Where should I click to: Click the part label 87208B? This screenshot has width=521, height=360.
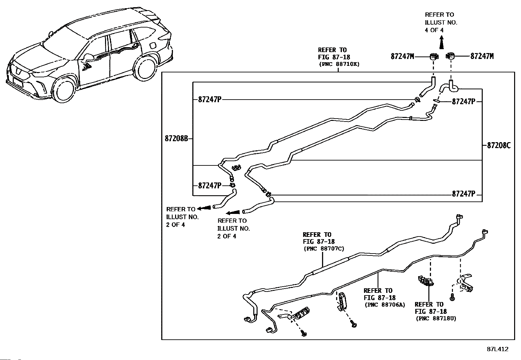coord(176,139)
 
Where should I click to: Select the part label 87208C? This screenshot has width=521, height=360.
coord(499,145)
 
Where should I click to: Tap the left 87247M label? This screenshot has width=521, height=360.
coord(403,56)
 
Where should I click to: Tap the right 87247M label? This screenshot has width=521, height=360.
coord(482,56)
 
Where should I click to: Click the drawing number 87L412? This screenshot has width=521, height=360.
coord(497,349)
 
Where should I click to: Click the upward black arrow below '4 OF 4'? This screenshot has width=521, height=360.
coord(441,42)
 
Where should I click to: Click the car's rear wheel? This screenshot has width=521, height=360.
coord(145,68)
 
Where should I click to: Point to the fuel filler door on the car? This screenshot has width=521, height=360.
coord(153,45)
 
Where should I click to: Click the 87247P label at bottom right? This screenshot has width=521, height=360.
coord(463,194)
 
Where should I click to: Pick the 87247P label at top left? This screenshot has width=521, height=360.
coord(209,100)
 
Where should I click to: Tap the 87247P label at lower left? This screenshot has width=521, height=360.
coord(209,186)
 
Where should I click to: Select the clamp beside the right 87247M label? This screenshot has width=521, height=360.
coord(450,56)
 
